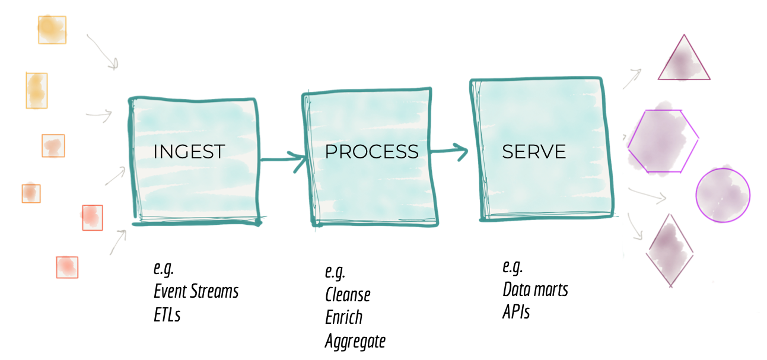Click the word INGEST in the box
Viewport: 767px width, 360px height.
coord(189,151)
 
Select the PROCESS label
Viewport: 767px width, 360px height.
coord(371,151)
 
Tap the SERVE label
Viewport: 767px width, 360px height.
coord(534,152)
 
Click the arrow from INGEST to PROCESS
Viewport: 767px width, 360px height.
coord(282,160)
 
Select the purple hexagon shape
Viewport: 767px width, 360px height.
coord(663,141)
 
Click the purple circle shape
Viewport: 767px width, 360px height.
coord(723,195)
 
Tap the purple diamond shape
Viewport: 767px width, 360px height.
coord(671,250)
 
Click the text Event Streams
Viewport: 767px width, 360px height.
coord(196,292)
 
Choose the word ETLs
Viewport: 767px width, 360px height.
coord(167,314)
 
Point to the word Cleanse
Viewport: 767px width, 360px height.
coord(348,295)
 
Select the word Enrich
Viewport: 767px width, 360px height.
coord(343,317)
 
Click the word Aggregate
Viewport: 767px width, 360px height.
coord(355,341)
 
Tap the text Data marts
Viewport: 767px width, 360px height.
coord(535,289)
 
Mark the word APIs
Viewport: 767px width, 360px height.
coord(516,312)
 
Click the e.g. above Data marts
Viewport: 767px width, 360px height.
coord(513,266)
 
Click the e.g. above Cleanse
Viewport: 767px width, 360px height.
coord(335,272)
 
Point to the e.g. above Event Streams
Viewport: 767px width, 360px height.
coord(164,268)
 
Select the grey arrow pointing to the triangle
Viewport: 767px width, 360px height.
coord(632,78)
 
